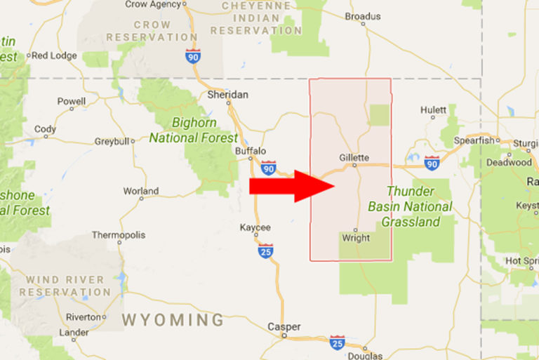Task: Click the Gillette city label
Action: tap(353, 157)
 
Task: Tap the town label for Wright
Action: tap(355, 239)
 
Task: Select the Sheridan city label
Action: tap(228, 95)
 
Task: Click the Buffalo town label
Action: tap(251, 150)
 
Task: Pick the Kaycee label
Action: tap(255, 227)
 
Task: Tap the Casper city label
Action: tap(284, 326)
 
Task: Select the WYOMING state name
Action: tap(173, 320)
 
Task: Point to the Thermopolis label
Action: tap(118, 234)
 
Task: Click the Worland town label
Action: tap(140, 191)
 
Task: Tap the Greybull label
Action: tap(113, 141)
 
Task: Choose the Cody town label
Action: tap(45, 129)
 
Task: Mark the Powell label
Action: tap(71, 101)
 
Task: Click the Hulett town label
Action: tap(433, 109)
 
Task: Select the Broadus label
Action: tap(363, 16)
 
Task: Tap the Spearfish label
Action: tap(474, 140)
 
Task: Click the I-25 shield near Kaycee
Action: tap(265, 251)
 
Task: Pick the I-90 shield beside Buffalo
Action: tap(268, 167)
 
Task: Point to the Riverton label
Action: tap(84, 316)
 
